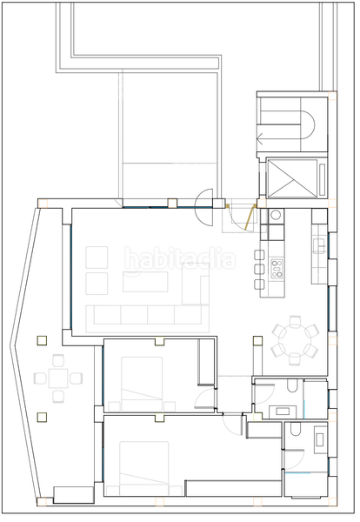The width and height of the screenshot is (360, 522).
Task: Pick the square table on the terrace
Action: coord(57,378)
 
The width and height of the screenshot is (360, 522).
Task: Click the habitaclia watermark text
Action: coord(179,258)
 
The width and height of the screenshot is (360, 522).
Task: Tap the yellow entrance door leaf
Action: coord(249,217)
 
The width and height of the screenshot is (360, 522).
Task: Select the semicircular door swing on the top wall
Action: coord(203,199)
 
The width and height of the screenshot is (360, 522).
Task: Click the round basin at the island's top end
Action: coord(276,214)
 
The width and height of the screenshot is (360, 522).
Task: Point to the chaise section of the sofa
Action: coord(196,296)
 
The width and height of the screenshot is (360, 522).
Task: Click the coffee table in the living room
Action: coord(146,282)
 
